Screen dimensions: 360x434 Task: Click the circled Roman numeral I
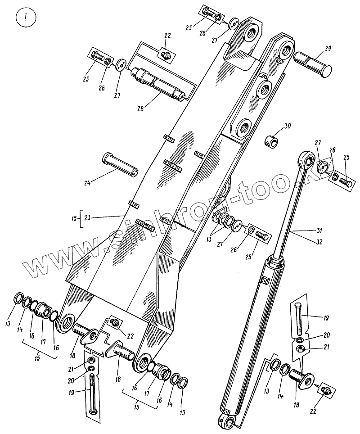tap(25, 19)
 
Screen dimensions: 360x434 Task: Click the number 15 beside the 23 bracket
tap(74, 218)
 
